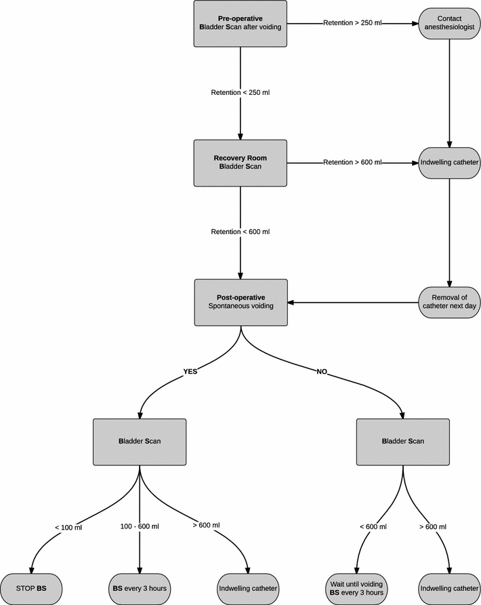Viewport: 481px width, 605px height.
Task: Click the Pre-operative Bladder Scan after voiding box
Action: (240, 23)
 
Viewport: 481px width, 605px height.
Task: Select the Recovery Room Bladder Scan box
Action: (240, 162)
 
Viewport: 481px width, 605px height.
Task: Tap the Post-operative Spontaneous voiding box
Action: (240, 302)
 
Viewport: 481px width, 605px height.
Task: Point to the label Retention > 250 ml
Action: (352, 23)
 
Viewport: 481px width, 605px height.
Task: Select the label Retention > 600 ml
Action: (352, 162)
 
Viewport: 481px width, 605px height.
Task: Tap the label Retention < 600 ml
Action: (240, 232)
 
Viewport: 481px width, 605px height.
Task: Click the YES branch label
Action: (190, 371)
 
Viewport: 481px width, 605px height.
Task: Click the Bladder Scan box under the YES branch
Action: (139, 441)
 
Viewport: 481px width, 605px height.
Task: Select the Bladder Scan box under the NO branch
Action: (403, 441)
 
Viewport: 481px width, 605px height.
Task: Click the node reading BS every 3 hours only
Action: (139, 587)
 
